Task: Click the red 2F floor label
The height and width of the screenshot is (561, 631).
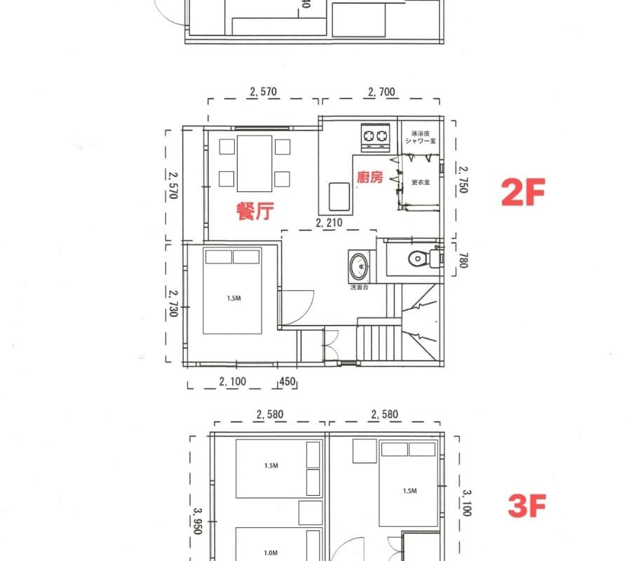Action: click(523, 192)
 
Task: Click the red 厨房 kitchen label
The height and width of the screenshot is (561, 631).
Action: click(370, 178)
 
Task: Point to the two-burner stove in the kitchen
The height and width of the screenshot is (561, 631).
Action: click(375, 137)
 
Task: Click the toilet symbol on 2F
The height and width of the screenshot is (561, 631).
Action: click(420, 258)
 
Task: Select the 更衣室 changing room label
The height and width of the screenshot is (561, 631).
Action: click(420, 182)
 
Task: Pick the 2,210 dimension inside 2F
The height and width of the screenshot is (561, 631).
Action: click(329, 224)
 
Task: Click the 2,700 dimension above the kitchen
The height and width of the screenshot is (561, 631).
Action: click(381, 91)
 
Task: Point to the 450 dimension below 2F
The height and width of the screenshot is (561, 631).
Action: click(288, 382)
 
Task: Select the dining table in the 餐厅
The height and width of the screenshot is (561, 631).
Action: click(255, 163)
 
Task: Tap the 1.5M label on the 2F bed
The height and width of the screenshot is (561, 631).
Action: click(234, 298)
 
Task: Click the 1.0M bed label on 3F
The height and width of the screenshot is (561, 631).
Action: click(271, 553)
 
